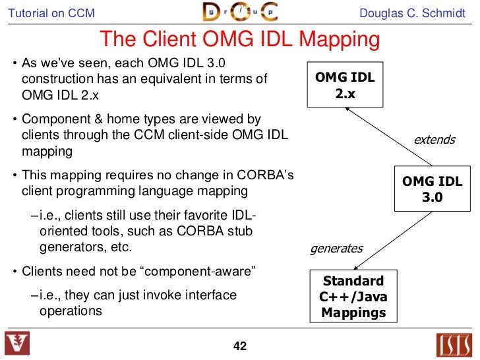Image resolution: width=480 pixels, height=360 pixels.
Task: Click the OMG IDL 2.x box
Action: pyautogui.click(x=345, y=86)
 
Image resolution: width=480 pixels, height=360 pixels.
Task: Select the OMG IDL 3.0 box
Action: pyautogui.click(x=432, y=189)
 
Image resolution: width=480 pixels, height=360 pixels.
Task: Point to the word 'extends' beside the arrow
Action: pyautogui.click(x=434, y=139)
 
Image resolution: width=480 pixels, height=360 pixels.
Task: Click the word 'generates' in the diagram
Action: pyautogui.click(x=336, y=249)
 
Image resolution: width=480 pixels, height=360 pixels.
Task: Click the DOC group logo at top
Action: pyautogui.click(x=241, y=13)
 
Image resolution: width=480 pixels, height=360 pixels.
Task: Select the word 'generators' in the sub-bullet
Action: pyautogui.click(x=66, y=248)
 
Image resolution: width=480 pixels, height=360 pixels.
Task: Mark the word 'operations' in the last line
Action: pyautogui.click(x=71, y=310)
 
